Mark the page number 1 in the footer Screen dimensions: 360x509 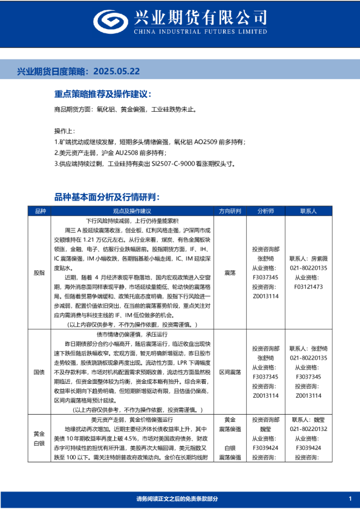tap(350, 498)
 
